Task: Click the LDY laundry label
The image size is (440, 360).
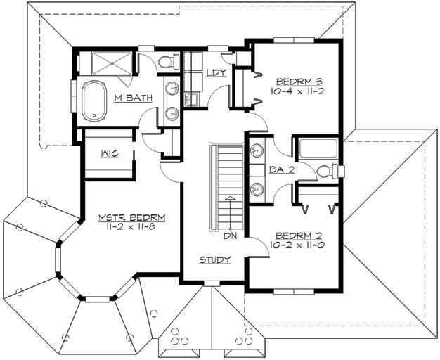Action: (x=215, y=72)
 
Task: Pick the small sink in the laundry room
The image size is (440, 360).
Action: (x=190, y=100)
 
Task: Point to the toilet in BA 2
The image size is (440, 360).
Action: (x=329, y=171)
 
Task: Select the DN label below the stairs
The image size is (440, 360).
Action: (x=230, y=236)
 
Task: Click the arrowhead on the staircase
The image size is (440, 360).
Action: (x=228, y=199)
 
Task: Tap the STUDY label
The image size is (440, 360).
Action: (x=214, y=260)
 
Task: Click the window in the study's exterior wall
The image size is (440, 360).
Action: (x=209, y=283)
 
